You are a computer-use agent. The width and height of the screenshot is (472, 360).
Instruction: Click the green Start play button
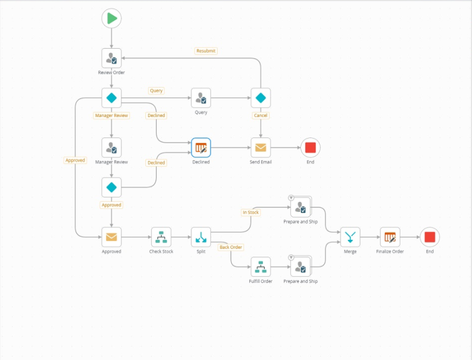(x=111, y=18)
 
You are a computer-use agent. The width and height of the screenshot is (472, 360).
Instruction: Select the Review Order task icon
(x=111, y=58)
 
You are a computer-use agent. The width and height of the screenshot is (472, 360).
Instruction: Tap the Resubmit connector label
(x=206, y=51)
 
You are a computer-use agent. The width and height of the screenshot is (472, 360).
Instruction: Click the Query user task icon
(x=201, y=98)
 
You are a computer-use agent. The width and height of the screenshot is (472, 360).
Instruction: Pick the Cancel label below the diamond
(x=261, y=116)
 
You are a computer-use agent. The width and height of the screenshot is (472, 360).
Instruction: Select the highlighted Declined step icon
(x=201, y=148)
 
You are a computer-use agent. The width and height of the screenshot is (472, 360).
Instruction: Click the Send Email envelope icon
(x=261, y=148)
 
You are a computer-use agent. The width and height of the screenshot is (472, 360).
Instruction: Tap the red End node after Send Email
(x=310, y=148)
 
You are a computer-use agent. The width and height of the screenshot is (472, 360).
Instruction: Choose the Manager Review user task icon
(x=111, y=148)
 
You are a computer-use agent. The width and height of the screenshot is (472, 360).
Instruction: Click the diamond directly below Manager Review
(x=111, y=187)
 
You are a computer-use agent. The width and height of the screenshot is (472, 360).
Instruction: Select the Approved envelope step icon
(x=111, y=237)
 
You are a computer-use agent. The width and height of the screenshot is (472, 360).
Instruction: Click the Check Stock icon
(x=161, y=237)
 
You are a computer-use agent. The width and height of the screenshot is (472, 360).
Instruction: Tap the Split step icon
(x=201, y=237)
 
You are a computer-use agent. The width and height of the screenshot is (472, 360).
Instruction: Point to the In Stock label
(x=251, y=212)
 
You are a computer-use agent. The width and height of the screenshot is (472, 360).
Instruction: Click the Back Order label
(x=230, y=247)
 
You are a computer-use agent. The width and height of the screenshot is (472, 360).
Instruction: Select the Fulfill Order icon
(x=261, y=267)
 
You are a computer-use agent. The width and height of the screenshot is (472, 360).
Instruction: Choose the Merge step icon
(x=350, y=237)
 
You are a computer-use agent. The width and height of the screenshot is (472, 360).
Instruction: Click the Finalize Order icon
(x=390, y=237)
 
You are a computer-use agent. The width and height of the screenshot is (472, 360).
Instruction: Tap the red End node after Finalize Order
(x=429, y=237)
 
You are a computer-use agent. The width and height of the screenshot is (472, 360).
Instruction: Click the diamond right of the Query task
(x=261, y=98)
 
